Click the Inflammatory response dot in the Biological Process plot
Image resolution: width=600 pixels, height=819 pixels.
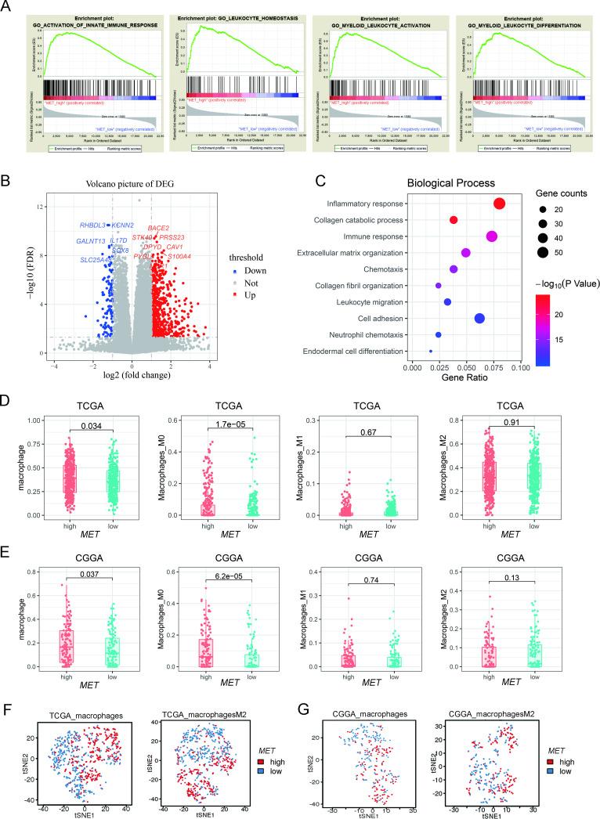point(499,204)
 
